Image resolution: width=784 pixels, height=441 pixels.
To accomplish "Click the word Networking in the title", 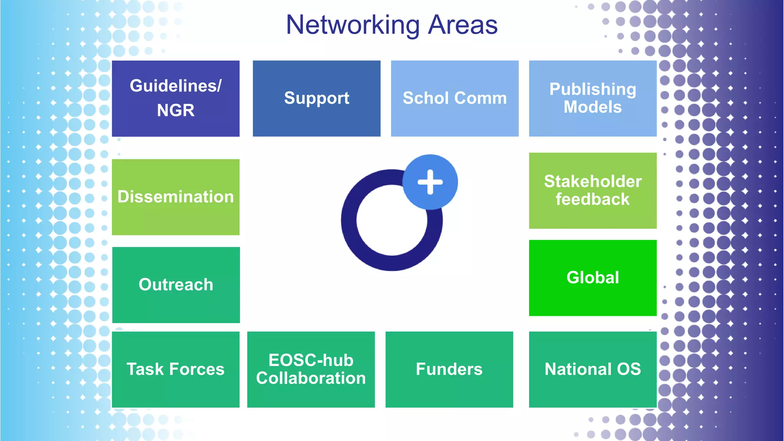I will click(353, 25).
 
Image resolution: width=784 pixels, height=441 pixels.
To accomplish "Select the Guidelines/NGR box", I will click(176, 98).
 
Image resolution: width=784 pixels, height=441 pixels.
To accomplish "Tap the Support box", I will click(317, 98).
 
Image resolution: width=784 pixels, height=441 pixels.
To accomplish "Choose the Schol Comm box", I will click(455, 98).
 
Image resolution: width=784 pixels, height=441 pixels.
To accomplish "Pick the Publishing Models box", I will click(593, 98).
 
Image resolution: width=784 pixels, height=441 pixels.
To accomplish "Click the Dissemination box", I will click(176, 197).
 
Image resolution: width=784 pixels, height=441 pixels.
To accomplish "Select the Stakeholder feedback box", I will click(593, 190).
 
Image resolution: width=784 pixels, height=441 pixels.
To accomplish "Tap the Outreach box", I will click(176, 284).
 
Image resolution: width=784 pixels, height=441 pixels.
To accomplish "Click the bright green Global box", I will click(593, 278).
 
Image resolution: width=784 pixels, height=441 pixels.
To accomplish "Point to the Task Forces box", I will click(176, 369).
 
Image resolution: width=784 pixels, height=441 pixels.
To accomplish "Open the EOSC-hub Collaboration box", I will click(311, 369).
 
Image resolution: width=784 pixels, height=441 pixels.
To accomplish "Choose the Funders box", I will click(449, 369).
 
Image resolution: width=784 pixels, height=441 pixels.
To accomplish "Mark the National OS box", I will click(593, 369).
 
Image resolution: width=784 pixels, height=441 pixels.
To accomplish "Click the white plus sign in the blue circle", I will click(430, 182).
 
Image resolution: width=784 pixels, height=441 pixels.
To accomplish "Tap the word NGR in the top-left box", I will click(176, 110).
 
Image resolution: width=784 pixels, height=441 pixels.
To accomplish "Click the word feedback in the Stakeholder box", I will click(593, 199).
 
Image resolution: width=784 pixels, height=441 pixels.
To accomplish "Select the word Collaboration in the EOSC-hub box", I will click(311, 378).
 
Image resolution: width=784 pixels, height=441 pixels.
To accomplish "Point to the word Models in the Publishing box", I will click(593, 107).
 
